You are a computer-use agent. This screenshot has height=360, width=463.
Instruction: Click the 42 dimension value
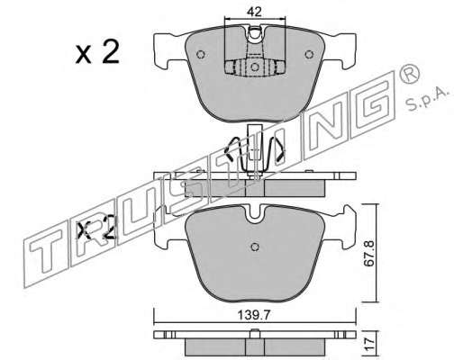coord(254,12)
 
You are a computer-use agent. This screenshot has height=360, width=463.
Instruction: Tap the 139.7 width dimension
coord(254,315)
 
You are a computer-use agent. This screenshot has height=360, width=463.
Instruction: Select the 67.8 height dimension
coord(369,254)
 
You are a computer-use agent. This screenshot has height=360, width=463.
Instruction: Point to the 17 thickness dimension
coord(369,342)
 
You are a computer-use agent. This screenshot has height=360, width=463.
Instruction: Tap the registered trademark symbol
coord(410,74)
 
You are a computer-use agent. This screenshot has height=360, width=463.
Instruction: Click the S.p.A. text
coord(427,99)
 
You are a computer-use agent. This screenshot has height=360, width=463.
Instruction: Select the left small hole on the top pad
coord(200,55)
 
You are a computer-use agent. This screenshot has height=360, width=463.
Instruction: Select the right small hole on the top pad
coord(309,55)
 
